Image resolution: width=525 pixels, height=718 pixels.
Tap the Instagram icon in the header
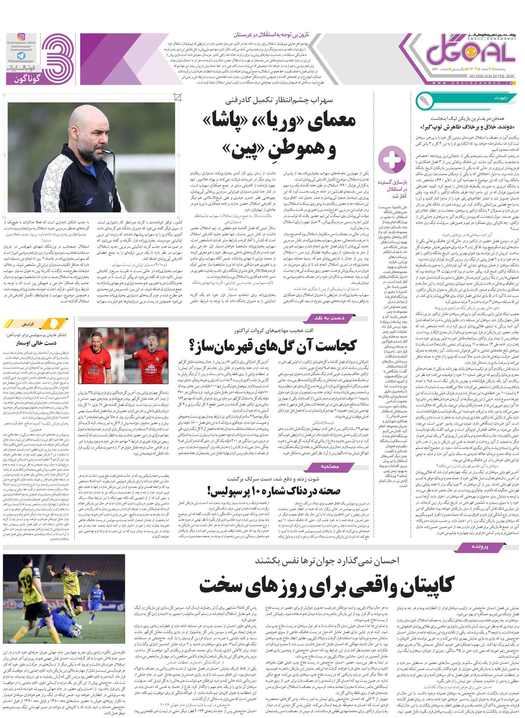(21, 37)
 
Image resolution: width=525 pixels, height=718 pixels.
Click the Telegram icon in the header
(21, 56)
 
